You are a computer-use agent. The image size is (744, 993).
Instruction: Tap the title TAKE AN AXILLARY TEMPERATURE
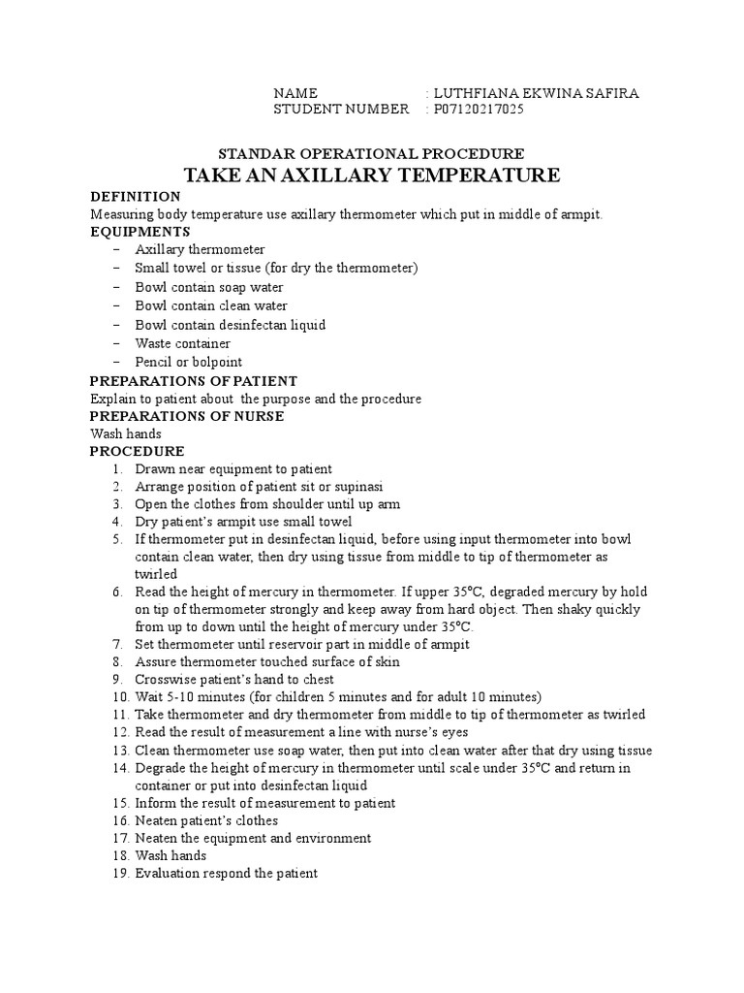tap(372, 176)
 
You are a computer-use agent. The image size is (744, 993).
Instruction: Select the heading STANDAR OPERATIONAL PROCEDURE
tap(371, 153)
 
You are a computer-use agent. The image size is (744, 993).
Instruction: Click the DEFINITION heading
tap(135, 196)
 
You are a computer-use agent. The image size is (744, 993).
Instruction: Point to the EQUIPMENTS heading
tap(139, 232)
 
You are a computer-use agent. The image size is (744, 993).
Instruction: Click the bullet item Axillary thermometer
tap(200, 250)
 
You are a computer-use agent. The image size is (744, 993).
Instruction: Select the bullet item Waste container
tap(182, 343)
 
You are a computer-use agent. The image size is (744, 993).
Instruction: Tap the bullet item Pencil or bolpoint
tap(188, 362)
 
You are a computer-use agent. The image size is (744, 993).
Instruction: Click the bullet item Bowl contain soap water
tap(208, 287)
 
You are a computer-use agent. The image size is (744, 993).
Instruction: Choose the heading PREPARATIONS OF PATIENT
tap(194, 380)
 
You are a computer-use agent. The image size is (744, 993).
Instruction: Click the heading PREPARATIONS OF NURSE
tap(186, 416)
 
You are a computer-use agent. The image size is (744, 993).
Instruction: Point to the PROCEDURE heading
tap(137, 452)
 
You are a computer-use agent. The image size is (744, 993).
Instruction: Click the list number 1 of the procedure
tap(116, 469)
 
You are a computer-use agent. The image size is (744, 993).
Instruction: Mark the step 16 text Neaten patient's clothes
tap(206, 820)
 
